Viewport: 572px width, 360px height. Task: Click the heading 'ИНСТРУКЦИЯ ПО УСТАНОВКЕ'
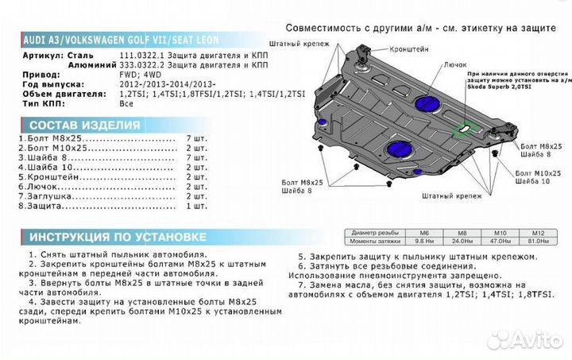(x=118, y=238)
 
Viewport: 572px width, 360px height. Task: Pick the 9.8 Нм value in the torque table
(x=423, y=239)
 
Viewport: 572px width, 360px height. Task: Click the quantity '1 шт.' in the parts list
(x=196, y=206)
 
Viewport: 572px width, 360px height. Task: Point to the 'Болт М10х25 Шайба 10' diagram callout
(x=530, y=176)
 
